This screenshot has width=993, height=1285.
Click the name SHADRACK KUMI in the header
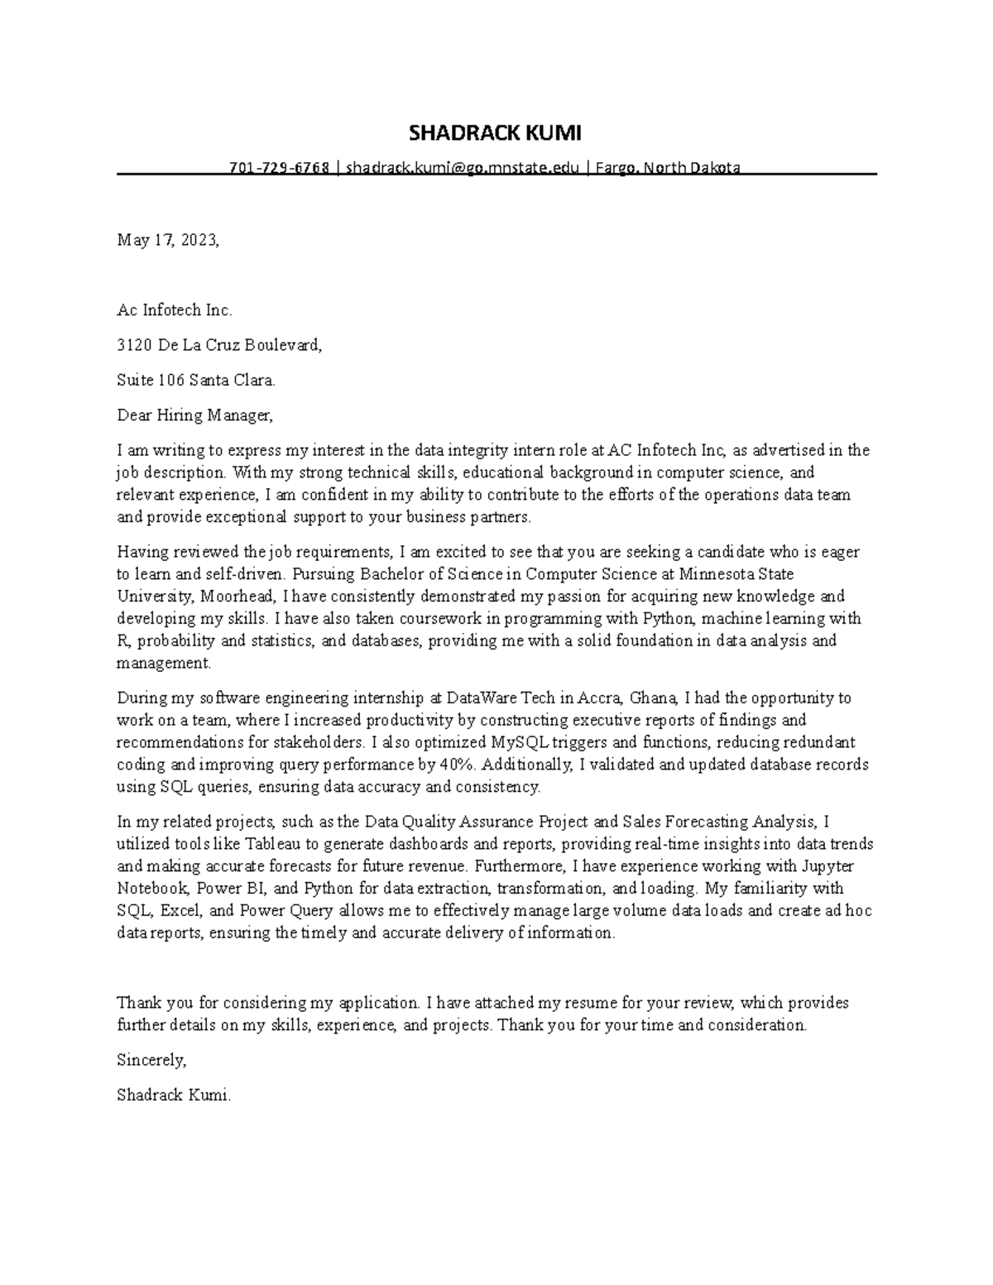(496, 133)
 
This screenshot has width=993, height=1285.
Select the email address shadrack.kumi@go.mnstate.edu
(463, 168)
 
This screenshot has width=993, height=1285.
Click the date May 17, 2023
(168, 241)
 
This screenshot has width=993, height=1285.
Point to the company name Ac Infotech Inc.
(175, 311)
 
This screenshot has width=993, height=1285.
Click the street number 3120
(132, 346)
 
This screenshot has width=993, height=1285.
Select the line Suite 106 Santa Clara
(195, 381)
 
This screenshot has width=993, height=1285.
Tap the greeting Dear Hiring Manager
(194, 415)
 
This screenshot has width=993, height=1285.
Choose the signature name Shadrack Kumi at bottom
(174, 1096)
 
